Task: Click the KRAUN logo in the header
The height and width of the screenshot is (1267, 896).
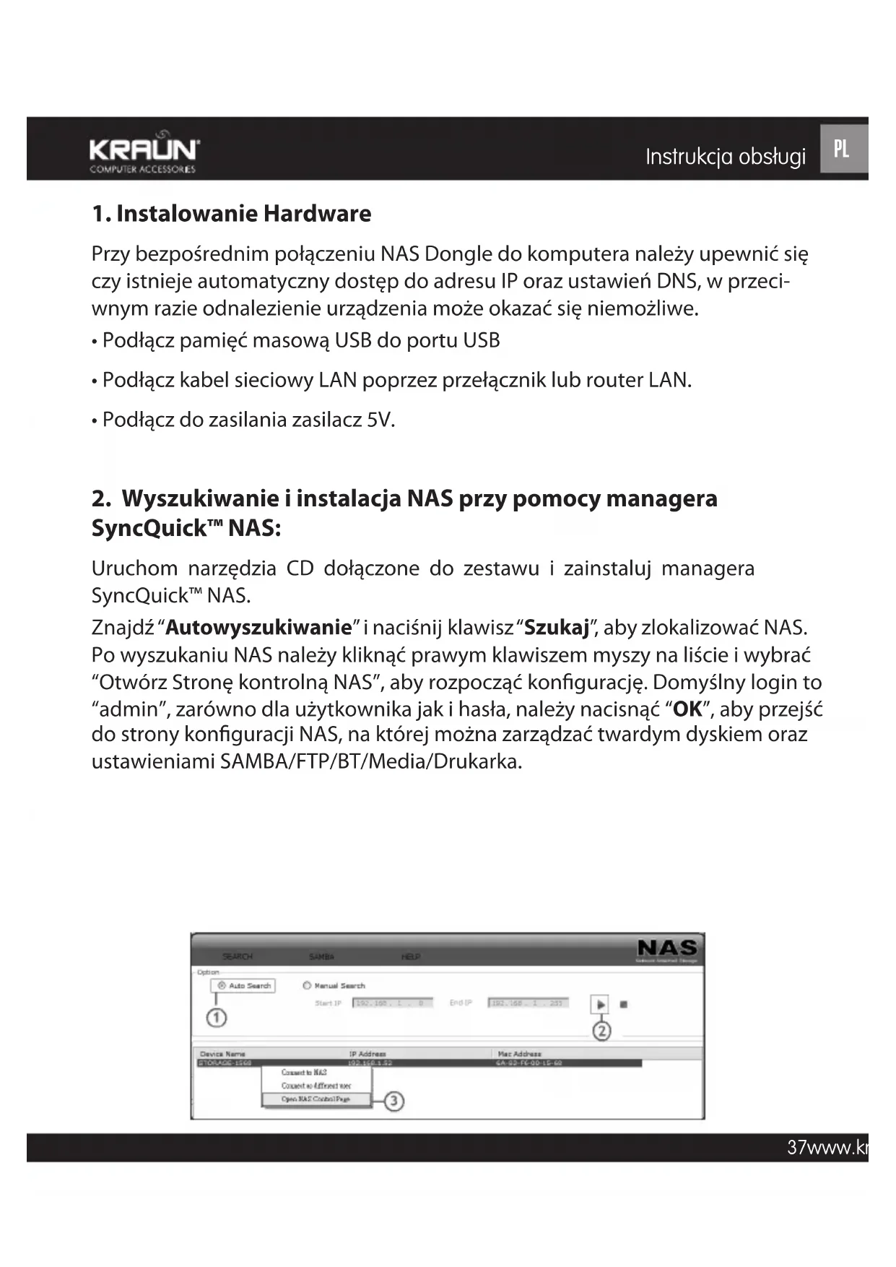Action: pos(144,151)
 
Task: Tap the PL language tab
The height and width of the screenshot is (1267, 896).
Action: pos(842,149)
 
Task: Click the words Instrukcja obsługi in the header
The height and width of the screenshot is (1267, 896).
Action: pos(725,157)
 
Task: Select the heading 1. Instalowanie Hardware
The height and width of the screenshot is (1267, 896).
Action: pos(231,214)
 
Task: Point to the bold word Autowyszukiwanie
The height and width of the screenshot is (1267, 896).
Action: pos(258,627)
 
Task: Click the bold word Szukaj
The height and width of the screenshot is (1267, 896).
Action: pos(557,627)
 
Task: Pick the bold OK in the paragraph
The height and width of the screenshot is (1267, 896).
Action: pos(687,709)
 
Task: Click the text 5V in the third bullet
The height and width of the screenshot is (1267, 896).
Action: pos(379,420)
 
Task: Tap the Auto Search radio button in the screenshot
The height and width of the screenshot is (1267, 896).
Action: pos(222,986)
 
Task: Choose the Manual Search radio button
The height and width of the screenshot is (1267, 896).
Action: pos(307,985)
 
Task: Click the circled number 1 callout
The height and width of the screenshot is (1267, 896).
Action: pos(217,1018)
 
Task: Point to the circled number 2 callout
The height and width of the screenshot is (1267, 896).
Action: pos(601,1031)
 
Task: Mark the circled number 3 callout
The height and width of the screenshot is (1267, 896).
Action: pos(393,1102)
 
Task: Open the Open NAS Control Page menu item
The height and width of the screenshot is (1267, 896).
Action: pos(316,1099)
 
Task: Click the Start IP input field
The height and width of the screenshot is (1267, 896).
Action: pos(392,1003)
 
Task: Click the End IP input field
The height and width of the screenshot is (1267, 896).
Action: pos(528,1003)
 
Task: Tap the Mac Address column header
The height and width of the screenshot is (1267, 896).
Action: pos(519,1054)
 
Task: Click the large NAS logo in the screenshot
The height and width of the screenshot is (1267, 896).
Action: pos(667,948)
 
